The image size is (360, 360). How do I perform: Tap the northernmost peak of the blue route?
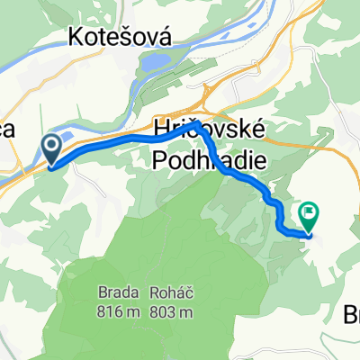click(x=192, y=125)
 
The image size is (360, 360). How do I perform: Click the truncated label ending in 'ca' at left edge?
click(x=7, y=129)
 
